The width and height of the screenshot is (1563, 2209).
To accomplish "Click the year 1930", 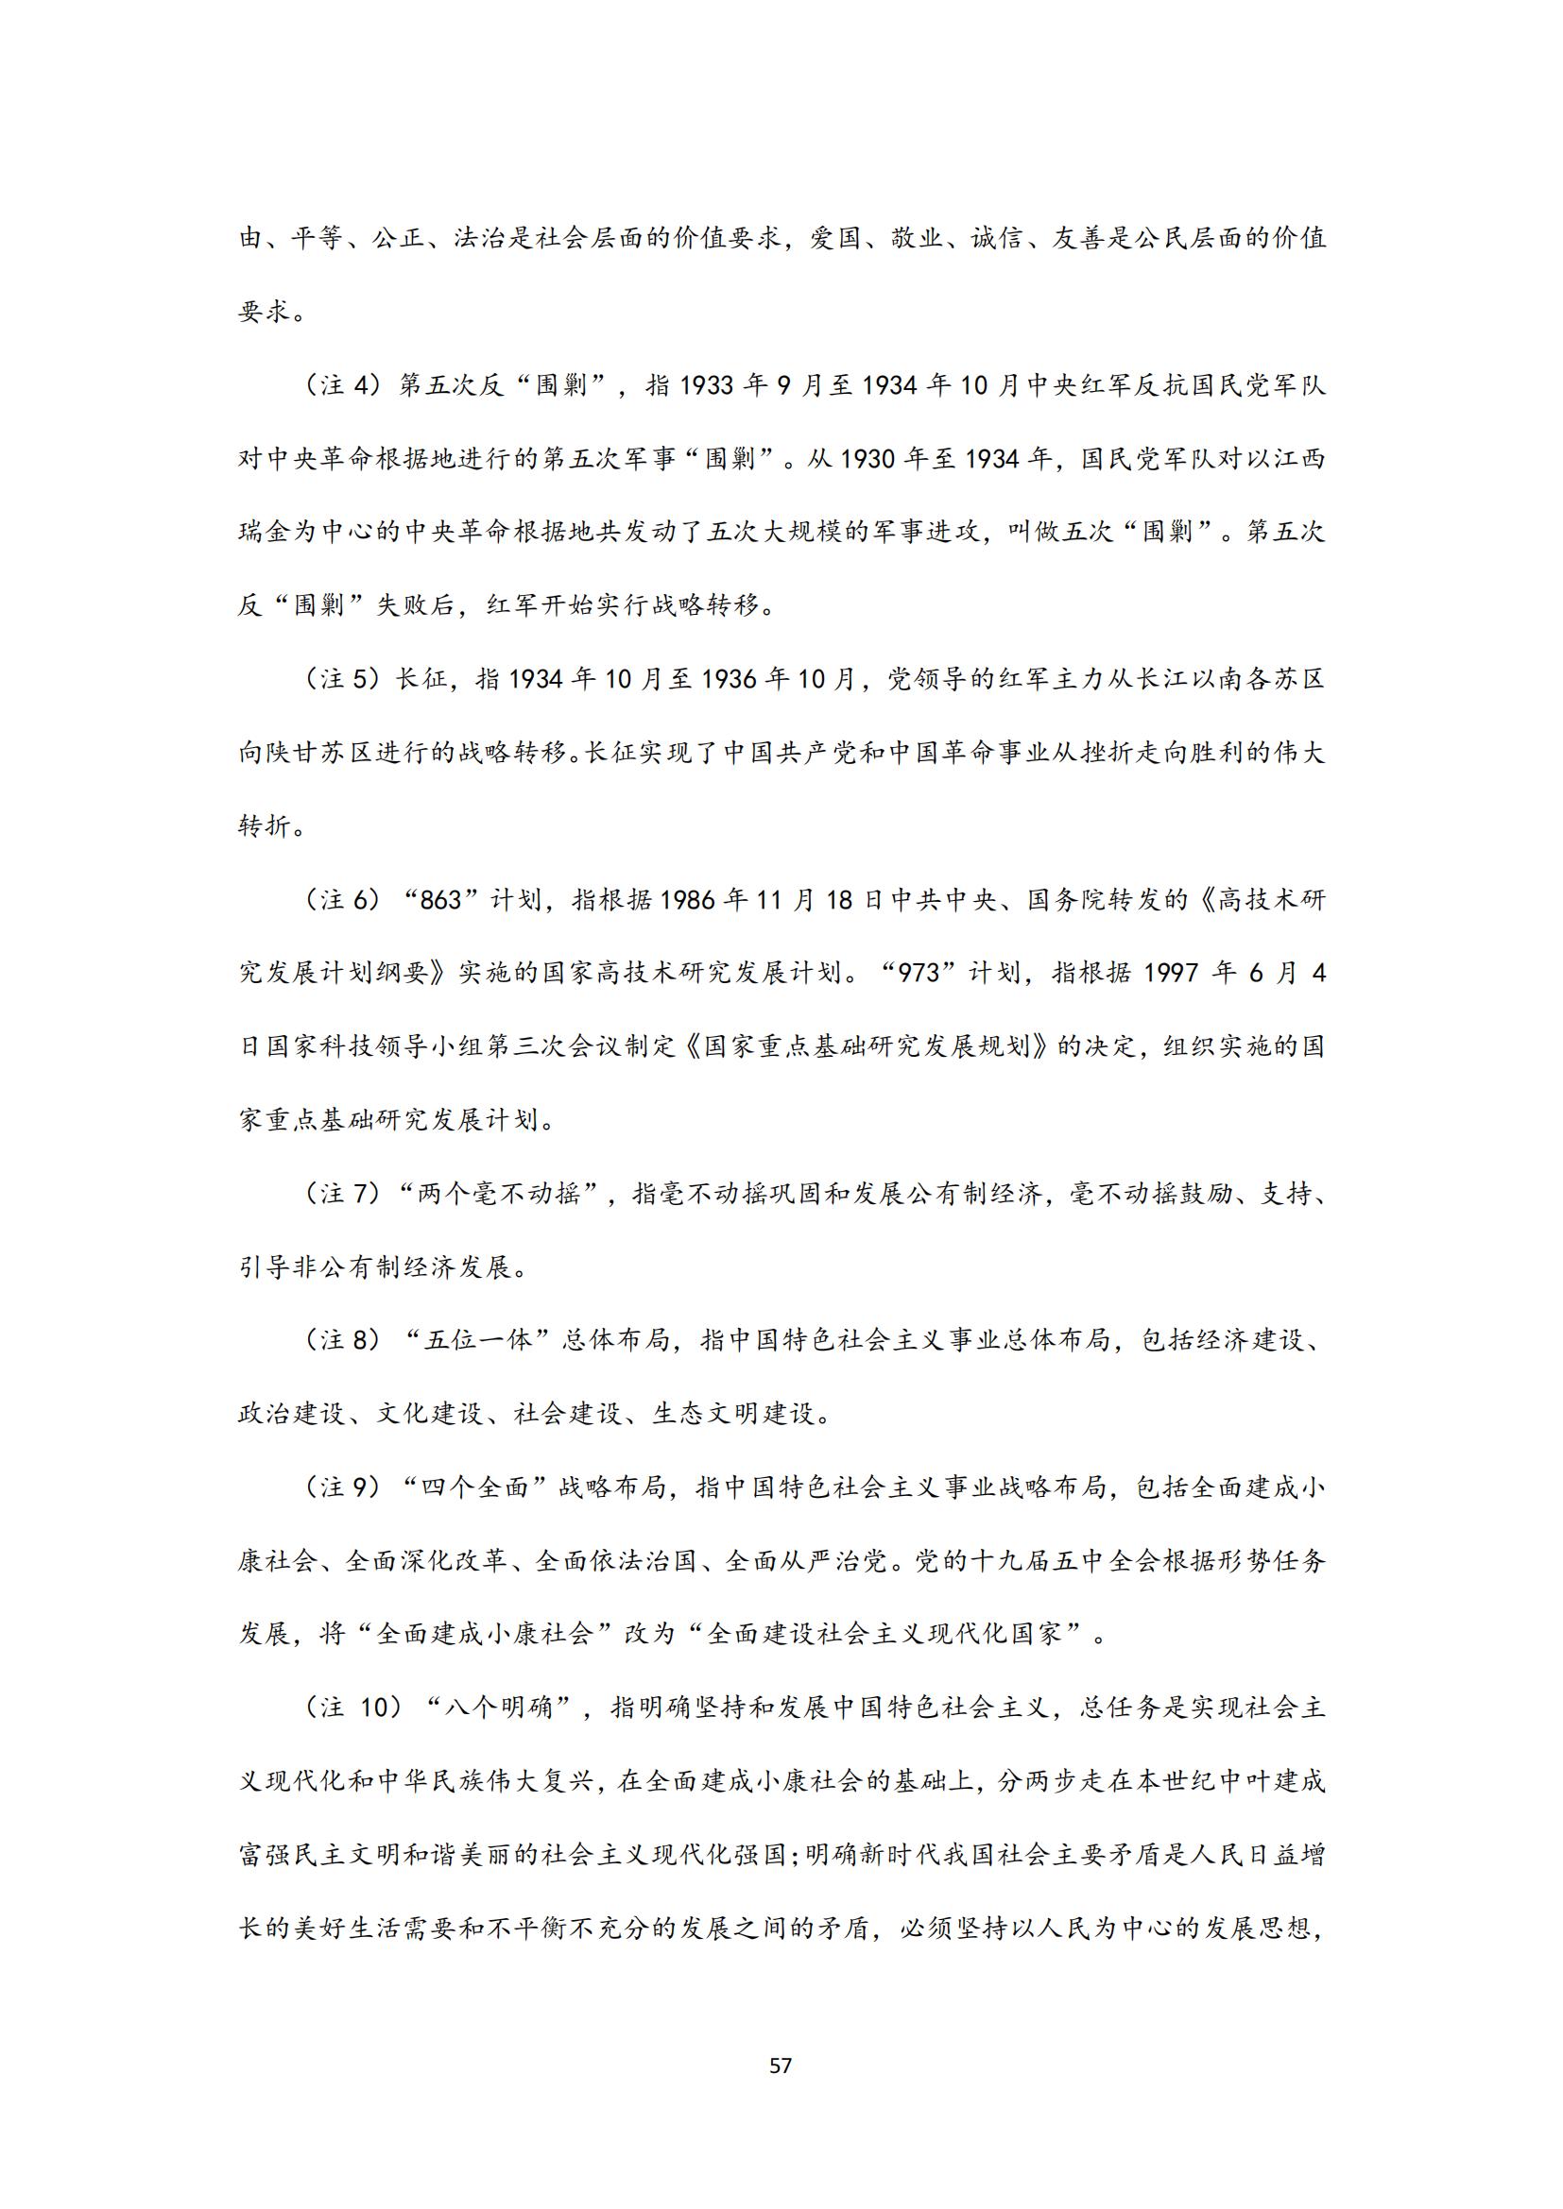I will [x=876, y=459].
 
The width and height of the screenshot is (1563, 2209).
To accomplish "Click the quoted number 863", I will [x=441, y=901].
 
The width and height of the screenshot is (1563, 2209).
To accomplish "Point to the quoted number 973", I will [x=919, y=974].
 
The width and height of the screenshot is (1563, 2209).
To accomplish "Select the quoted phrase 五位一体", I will [x=478, y=1341].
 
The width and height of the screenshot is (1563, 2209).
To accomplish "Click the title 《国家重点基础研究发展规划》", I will [x=872, y=1046].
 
